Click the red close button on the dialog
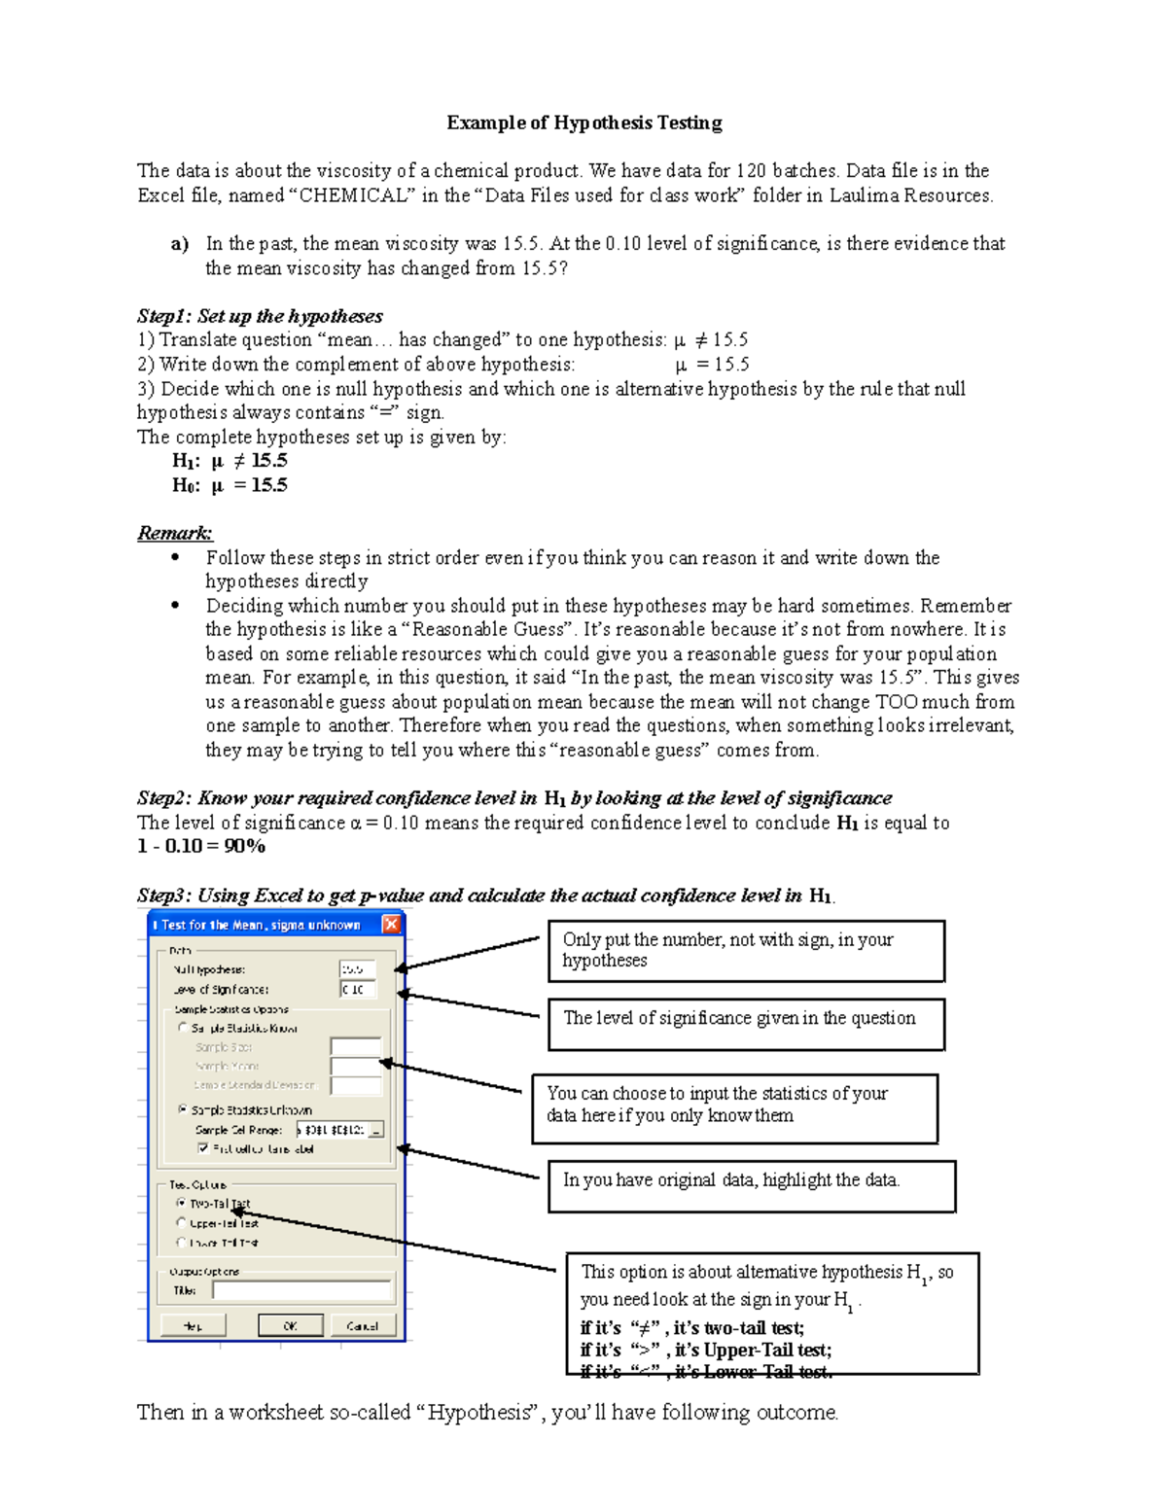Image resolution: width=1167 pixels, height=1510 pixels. pos(391,925)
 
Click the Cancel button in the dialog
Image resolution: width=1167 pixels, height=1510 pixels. pos(362,1325)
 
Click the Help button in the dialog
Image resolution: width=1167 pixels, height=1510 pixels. pos(193,1325)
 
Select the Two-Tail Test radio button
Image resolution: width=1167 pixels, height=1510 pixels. pos(181,1203)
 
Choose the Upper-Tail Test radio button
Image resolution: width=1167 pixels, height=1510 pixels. pos(181,1222)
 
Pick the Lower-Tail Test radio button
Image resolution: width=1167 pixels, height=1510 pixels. pos(181,1243)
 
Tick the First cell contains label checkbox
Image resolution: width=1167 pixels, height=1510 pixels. pos(202,1148)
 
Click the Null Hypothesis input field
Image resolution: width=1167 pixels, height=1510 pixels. pos(357,969)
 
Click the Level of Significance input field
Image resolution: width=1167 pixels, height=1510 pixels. pos(357,989)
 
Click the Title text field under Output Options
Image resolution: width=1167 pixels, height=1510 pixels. pos(301,1290)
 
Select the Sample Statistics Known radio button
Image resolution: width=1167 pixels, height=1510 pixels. pos(182,1028)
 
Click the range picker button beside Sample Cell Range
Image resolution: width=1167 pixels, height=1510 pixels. pos(376,1130)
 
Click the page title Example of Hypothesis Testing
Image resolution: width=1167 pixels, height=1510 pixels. pos(583,123)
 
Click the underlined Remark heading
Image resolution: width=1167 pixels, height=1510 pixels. pos(175,533)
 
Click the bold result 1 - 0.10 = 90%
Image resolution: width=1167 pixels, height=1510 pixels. pos(201,846)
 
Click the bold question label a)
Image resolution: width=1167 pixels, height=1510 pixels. pos(179,244)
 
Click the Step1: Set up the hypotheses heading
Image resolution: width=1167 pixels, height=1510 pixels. pos(260,316)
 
